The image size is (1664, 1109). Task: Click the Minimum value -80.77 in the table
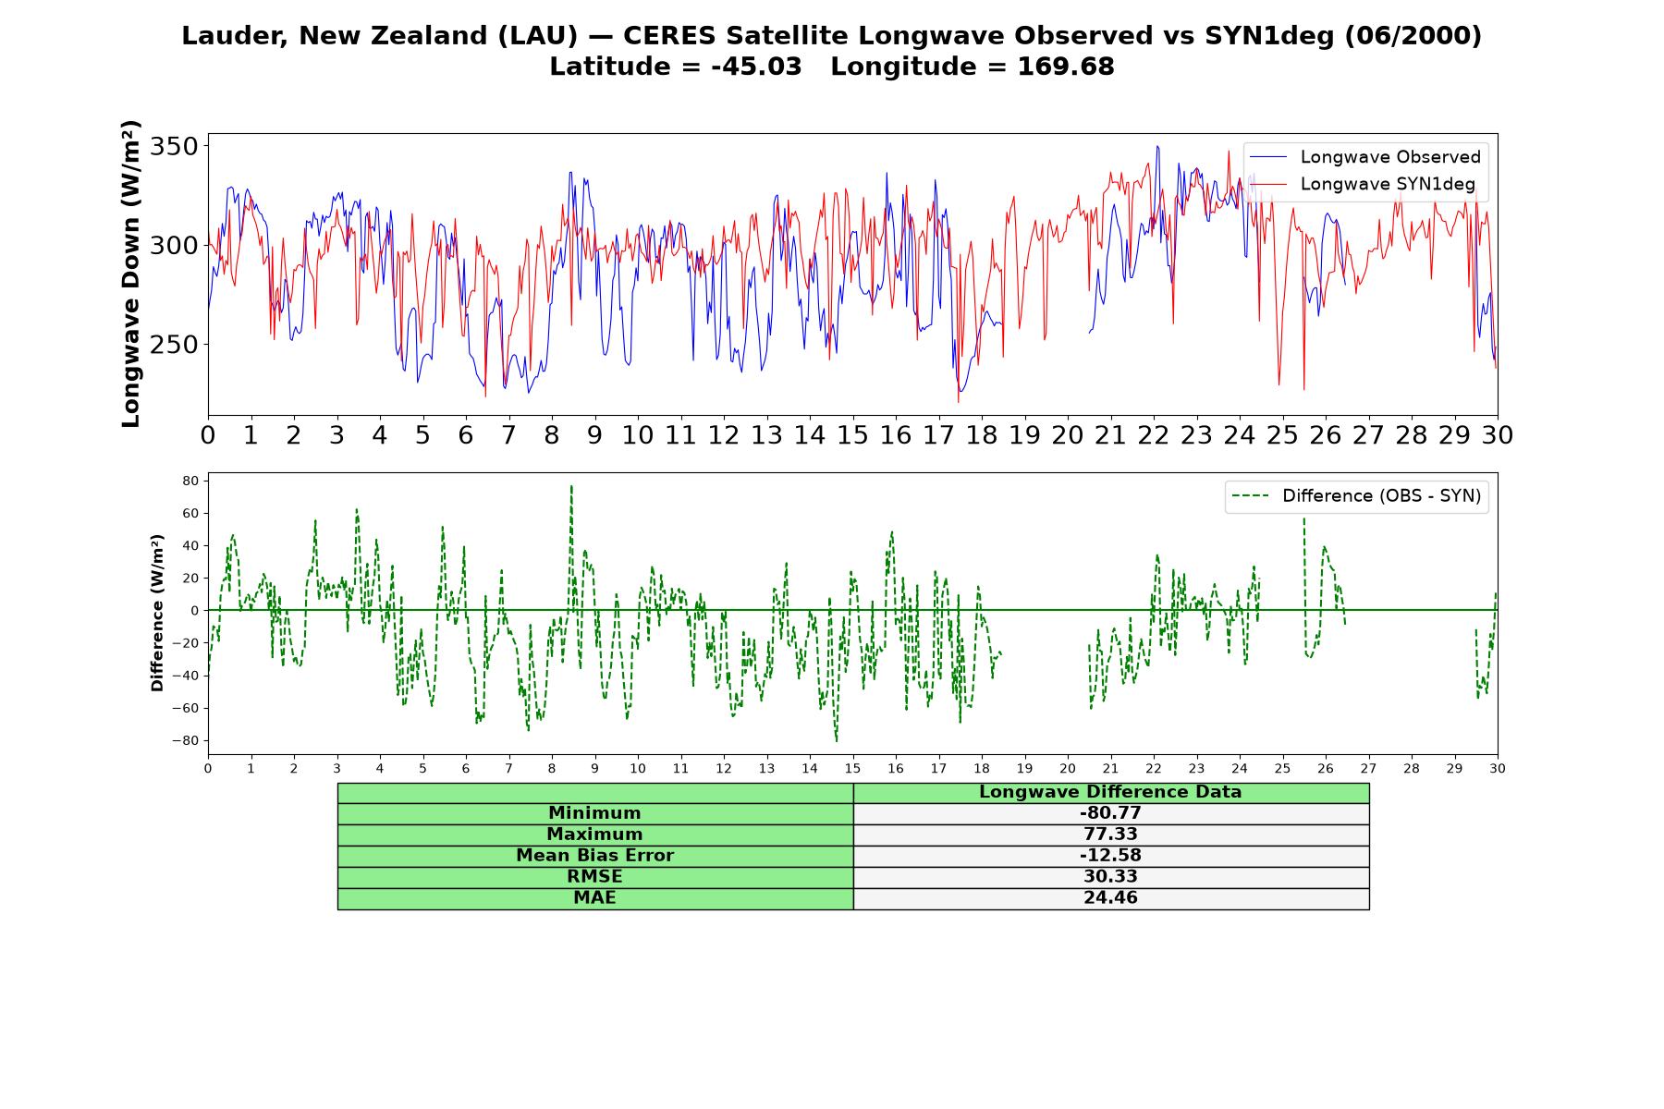tap(1110, 813)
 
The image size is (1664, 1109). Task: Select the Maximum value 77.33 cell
tap(1110, 835)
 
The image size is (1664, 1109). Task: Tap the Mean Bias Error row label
tap(594, 856)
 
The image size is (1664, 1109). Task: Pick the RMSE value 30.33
tap(1110, 877)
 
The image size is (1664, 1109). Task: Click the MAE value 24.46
tap(1110, 898)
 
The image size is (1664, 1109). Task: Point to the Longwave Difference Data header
tap(1110, 792)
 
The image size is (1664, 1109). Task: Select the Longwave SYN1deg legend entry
tap(1363, 184)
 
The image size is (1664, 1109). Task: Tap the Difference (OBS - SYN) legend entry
tap(1357, 496)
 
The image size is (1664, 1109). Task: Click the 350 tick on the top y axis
tap(175, 147)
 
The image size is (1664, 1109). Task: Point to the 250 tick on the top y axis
tap(175, 345)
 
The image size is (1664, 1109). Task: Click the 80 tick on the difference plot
tap(191, 481)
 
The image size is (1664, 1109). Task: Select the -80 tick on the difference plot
tap(187, 740)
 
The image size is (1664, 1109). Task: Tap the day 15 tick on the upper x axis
tap(852, 435)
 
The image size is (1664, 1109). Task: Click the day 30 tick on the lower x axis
tap(1498, 768)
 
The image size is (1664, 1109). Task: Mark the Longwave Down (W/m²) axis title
tap(131, 274)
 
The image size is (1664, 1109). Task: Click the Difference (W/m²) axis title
tap(157, 613)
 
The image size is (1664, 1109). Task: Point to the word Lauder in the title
tap(236, 36)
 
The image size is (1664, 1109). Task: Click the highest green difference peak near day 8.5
tap(571, 485)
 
